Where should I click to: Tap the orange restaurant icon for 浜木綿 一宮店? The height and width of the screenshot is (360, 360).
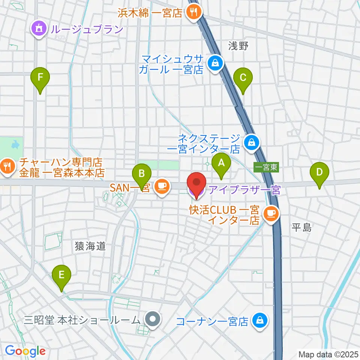[194, 13]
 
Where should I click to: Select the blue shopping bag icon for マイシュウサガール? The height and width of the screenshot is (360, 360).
[216, 63]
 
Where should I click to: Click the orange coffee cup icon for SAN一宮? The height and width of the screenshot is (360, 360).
[162, 185]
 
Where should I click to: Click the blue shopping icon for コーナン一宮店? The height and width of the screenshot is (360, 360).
[259, 321]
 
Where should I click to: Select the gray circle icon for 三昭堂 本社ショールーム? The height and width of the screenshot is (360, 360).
[153, 320]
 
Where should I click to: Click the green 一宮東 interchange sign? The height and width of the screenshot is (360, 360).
[266, 167]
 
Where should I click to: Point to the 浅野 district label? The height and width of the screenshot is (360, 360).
[238, 45]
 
